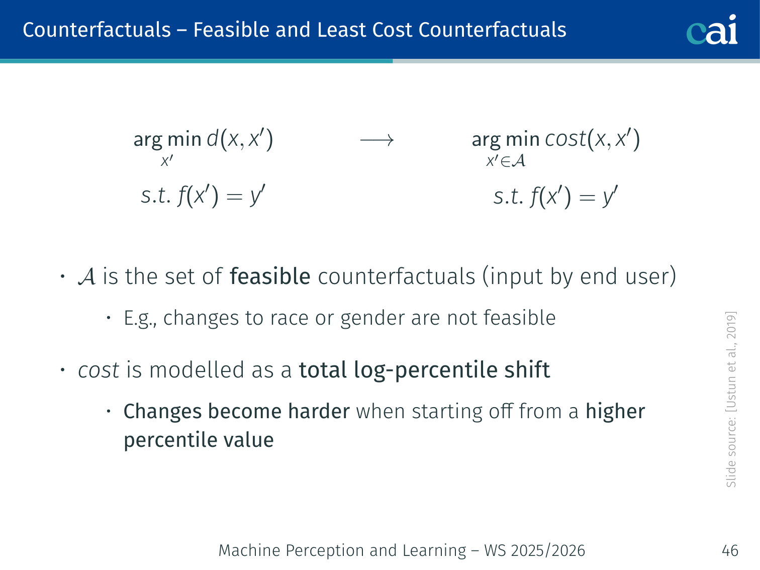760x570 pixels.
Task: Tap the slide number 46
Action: [730, 550]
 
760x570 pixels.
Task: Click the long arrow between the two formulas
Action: [376, 140]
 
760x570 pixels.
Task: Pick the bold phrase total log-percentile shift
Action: [425, 370]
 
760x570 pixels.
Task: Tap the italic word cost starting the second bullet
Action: [99, 370]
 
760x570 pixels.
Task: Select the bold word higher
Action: [615, 412]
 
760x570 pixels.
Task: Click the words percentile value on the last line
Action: [199, 440]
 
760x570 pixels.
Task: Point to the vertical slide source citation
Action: [731, 400]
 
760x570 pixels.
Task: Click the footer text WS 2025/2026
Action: [535, 550]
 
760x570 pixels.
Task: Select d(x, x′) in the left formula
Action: [240, 139]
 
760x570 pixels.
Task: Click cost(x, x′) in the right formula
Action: [593, 139]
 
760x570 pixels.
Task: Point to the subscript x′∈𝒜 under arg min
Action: [506, 161]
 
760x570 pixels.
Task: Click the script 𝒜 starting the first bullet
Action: [86, 277]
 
